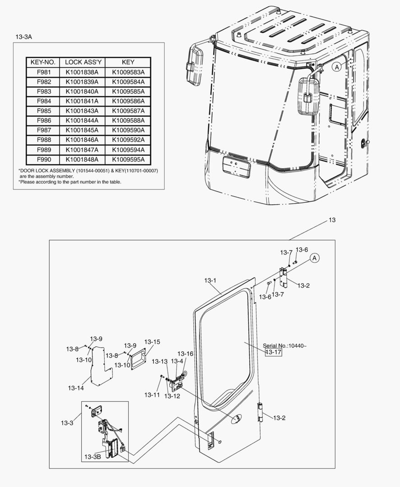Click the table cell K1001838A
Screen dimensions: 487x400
point(82,72)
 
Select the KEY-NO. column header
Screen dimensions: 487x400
point(42,62)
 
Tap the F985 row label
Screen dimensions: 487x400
point(42,111)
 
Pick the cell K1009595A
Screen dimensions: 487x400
point(128,160)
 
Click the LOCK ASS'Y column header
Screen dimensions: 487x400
point(82,62)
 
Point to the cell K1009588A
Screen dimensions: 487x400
point(128,121)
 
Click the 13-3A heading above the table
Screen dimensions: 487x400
point(23,37)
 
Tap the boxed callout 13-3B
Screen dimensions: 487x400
point(92,457)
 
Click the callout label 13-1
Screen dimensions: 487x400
point(210,280)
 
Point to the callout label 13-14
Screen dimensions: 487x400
point(75,388)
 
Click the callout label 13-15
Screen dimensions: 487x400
point(152,342)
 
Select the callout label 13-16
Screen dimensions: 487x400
point(185,354)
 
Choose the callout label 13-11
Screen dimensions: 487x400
point(152,395)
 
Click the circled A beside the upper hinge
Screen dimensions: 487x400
point(315,258)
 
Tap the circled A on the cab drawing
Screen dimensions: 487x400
point(336,67)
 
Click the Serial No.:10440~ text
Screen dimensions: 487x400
point(284,346)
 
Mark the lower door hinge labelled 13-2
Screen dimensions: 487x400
point(260,412)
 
